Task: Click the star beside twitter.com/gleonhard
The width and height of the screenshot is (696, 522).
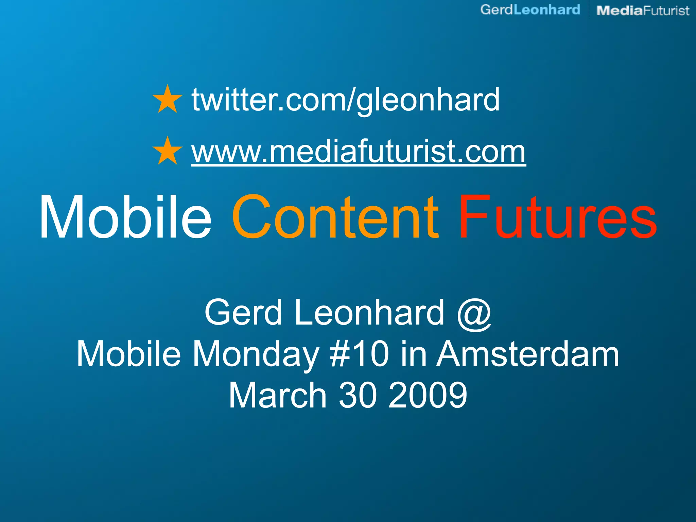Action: [x=167, y=99]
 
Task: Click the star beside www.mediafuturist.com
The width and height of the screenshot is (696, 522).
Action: [x=167, y=151]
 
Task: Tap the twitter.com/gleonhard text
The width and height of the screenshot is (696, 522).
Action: [x=345, y=100]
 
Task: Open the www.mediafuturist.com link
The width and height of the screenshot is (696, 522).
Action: [x=358, y=152]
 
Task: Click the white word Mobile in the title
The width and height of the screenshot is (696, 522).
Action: [x=125, y=217]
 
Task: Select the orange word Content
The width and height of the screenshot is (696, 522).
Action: [x=335, y=217]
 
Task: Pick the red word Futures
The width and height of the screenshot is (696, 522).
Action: [x=557, y=217]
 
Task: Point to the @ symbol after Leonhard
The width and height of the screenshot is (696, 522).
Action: [x=474, y=313]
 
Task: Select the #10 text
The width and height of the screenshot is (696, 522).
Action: [x=360, y=354]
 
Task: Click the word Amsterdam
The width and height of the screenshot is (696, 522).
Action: [x=527, y=354]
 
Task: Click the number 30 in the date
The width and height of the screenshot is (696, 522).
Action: [x=358, y=395]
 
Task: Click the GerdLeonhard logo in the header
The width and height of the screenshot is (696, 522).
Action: [x=530, y=10]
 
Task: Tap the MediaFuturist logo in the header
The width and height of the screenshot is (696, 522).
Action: [x=643, y=11]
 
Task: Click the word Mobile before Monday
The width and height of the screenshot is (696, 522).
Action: [x=129, y=354]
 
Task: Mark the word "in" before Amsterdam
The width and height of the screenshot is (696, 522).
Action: [x=413, y=354]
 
